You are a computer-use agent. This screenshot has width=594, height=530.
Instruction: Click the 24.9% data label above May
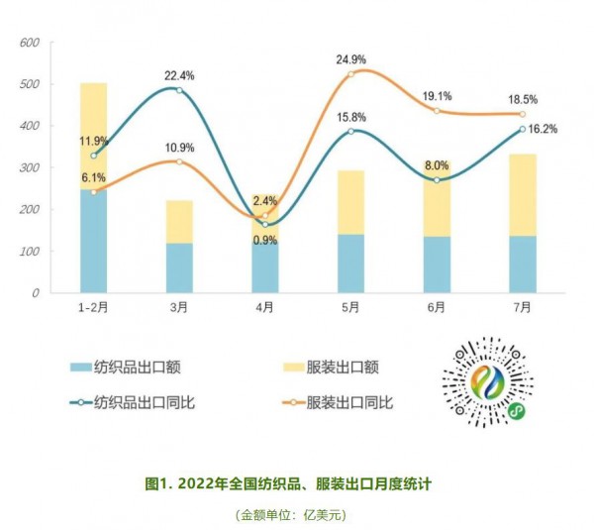tap(350, 59)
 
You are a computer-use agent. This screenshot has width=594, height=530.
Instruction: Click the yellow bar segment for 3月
tap(179, 221)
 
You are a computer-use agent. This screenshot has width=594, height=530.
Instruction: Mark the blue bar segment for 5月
tap(350, 263)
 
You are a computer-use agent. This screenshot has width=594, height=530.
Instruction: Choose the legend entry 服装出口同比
tap(350, 402)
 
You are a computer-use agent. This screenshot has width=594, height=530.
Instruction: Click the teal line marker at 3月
tap(179, 90)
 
